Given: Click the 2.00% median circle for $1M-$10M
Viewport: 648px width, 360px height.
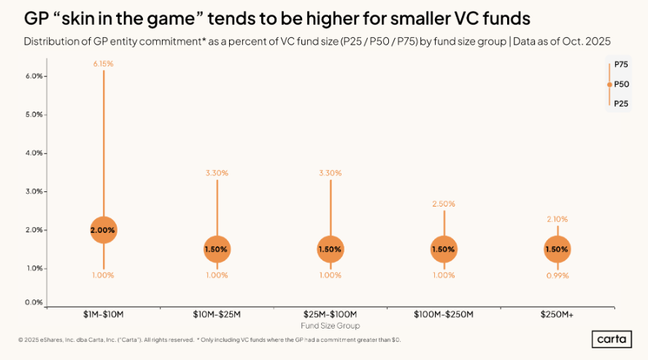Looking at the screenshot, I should pos(104,230).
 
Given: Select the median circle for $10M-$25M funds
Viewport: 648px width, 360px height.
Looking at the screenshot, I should pos(217,249).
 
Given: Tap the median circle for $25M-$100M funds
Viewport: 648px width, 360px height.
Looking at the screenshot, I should pos(330,249).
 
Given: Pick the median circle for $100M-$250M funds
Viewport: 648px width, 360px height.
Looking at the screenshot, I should pos(444,249).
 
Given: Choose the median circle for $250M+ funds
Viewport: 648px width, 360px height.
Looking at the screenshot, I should pos(557,249).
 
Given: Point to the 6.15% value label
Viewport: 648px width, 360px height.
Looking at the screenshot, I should pos(104,64).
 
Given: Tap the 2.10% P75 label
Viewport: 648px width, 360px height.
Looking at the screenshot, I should pos(557,219).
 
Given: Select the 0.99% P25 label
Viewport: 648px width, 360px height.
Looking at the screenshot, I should pos(557,276).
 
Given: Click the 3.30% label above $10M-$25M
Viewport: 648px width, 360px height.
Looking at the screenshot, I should pos(217,173).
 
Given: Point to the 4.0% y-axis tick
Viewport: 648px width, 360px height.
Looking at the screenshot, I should pos(35,153).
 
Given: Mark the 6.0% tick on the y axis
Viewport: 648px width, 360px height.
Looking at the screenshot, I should pos(35,76).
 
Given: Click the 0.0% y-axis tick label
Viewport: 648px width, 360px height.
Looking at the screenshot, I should pos(35,302).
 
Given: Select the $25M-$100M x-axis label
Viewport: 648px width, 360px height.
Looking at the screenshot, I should pos(330,315).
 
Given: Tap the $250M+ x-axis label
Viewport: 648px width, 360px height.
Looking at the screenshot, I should pos(557,315).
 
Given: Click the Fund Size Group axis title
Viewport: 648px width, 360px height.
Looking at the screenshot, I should pos(330,326).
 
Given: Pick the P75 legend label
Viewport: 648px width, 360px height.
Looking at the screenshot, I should pos(621,66).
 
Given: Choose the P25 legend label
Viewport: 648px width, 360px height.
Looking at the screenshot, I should pos(621,104).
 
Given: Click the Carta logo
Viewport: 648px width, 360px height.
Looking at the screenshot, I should pos(612,340).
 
